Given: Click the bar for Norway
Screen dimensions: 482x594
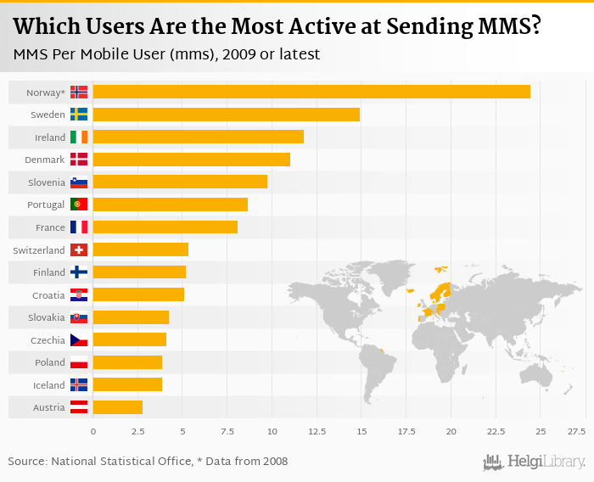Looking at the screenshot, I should point(311,92).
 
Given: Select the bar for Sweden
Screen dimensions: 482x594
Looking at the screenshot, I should point(226,115).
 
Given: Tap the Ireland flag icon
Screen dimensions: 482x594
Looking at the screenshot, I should point(79,137).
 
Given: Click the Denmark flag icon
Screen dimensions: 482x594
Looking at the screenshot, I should point(79,160).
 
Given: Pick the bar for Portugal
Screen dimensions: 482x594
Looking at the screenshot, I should point(170,205).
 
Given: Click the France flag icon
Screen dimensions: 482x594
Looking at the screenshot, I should point(79,227).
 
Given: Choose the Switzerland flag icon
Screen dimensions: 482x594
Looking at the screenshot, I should point(79,249).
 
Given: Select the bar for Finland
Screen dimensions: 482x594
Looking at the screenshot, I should point(139,272).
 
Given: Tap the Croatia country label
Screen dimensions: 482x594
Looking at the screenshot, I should point(48,295).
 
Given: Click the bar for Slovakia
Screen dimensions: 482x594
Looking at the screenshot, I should point(131,317).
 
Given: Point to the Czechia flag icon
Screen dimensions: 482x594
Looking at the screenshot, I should point(79,340).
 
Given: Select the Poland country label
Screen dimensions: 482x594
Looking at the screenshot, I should point(49,362).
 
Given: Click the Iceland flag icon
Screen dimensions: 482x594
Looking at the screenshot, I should point(79,384).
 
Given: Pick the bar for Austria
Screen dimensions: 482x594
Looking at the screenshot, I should point(118,407).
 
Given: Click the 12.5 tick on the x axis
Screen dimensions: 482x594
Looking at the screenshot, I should point(317,432).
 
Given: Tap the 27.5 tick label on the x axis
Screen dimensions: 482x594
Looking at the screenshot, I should point(577,432).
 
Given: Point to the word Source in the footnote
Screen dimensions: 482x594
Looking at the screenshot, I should point(27,462).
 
